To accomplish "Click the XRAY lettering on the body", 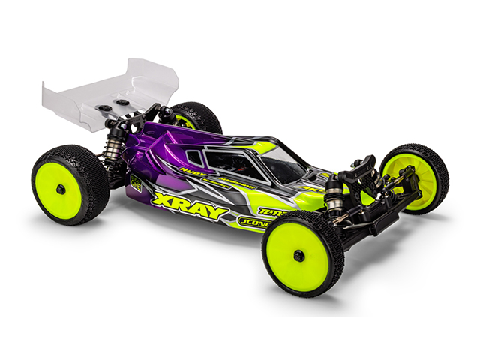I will click(x=189, y=206).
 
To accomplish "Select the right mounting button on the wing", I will click(x=121, y=100).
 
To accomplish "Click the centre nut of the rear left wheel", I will click(x=60, y=188).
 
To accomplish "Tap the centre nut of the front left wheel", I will click(x=298, y=256).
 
